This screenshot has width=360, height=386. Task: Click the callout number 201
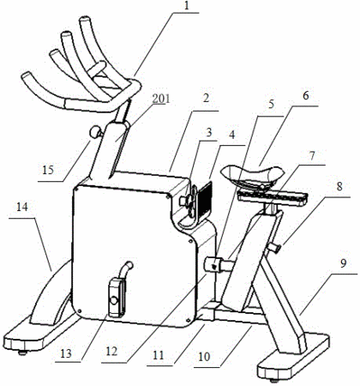[161, 99]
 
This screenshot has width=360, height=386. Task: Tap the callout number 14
[22, 207]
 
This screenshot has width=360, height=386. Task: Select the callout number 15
[48, 170]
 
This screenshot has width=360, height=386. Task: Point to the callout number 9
[344, 263]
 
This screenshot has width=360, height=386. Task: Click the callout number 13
[66, 353]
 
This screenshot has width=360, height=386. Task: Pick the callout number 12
[111, 351]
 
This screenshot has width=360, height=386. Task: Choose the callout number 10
[204, 357]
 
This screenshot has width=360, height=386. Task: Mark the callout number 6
[305, 96]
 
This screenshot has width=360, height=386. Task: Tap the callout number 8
[339, 187]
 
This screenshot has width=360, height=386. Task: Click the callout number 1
[187, 6]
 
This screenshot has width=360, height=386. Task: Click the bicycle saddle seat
[253, 176]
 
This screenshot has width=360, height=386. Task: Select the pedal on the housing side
[117, 299]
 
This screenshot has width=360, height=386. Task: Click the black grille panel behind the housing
[205, 197]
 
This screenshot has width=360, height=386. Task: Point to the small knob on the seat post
[275, 247]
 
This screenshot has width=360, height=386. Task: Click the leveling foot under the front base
[22, 353]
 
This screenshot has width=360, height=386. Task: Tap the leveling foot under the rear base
[274, 380]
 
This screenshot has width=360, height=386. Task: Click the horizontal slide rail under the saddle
[273, 197]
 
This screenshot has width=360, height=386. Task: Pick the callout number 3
[209, 133]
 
